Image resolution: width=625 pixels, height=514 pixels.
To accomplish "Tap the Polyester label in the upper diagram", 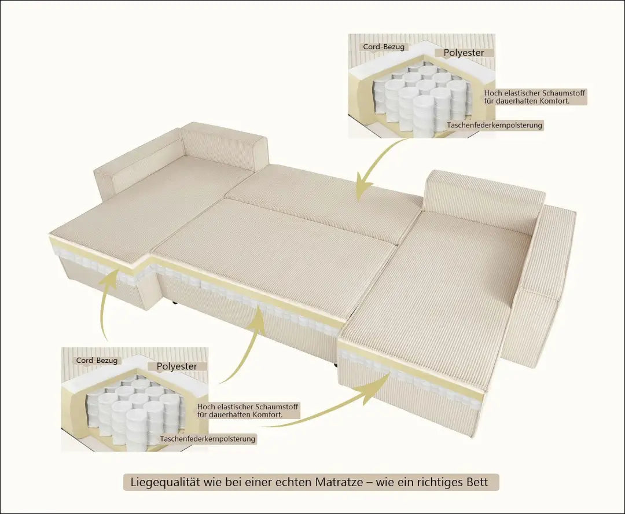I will [464, 53].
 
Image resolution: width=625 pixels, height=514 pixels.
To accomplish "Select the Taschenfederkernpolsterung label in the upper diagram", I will [494, 125].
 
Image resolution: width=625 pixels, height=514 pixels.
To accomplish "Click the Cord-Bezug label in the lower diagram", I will [97, 361].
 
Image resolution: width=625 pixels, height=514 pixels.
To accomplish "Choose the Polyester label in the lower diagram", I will [177, 366].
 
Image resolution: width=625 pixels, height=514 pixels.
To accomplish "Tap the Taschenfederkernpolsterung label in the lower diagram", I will [207, 439].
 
